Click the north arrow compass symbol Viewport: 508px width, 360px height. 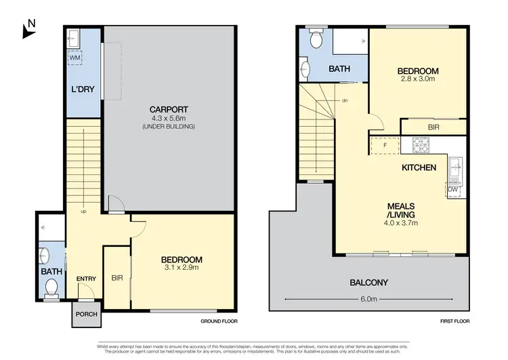(28, 28)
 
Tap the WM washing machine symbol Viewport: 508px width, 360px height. (75, 58)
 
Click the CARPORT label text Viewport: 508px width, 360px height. (169, 110)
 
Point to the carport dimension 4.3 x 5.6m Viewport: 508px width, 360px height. (169, 119)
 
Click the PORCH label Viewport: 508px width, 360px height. (87, 314)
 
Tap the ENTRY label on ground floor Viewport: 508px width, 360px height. (86, 279)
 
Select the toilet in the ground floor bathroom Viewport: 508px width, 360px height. (49, 290)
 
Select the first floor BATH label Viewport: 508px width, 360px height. (339, 69)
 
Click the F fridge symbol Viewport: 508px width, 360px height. (385, 144)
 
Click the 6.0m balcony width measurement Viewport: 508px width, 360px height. (368, 299)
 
